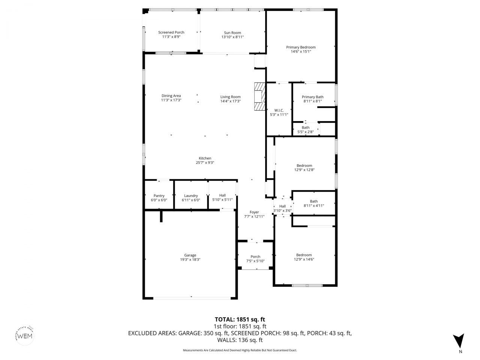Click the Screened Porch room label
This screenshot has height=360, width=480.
[171, 33]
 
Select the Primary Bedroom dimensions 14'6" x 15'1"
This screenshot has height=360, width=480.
[301, 52]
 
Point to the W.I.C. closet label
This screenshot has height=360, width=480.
[279, 110]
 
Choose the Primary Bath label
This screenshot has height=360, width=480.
[312, 97]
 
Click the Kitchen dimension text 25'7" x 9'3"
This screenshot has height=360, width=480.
[205, 163]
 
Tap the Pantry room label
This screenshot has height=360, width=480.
[159, 196]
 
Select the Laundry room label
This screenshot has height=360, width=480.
[191, 196]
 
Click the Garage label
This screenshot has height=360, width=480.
[190, 255]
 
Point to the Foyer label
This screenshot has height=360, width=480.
[254, 212]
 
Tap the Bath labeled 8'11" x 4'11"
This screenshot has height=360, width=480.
[313, 201]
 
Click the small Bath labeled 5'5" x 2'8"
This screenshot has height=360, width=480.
[306, 127]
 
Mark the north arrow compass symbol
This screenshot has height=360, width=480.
[458, 341]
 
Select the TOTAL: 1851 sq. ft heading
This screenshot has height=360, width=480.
[240, 319]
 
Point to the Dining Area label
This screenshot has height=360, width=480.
[171, 96]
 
